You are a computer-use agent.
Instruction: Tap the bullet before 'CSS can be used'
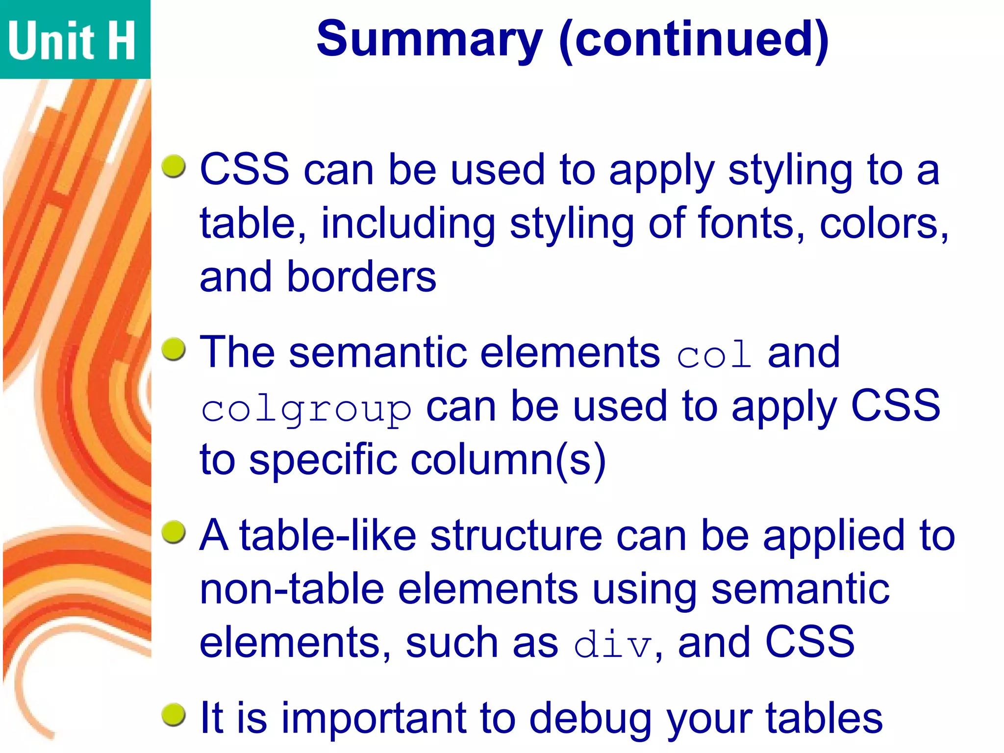174,167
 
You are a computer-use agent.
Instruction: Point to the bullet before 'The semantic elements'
174,350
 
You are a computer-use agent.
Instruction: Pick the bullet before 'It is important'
174,715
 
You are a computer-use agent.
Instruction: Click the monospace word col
714,354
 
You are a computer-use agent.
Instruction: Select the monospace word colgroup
306,409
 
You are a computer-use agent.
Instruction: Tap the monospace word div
613,644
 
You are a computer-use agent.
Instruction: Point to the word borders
361,277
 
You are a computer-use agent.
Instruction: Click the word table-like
327,535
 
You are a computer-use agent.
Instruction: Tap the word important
374,719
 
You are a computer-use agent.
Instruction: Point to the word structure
516,535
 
